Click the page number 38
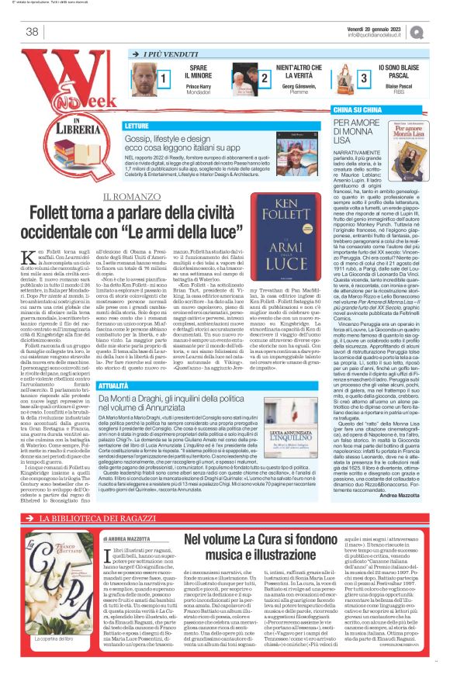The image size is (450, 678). (32, 32)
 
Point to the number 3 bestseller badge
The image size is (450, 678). (364, 78)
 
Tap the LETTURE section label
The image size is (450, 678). (137, 125)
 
